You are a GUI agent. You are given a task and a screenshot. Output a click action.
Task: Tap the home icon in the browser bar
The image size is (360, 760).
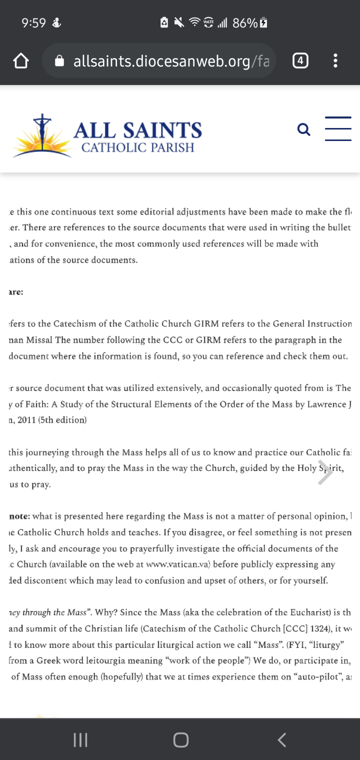(20, 61)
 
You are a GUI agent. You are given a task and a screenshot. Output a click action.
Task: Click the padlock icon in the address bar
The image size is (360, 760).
(59, 61)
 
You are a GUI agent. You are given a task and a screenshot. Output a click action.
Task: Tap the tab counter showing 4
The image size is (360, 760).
(299, 61)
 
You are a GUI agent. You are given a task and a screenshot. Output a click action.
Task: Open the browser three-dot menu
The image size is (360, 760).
(335, 61)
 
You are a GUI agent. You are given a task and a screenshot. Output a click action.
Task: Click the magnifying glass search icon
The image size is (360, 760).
(303, 129)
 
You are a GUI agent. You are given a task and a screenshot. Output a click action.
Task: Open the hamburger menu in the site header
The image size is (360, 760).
(338, 129)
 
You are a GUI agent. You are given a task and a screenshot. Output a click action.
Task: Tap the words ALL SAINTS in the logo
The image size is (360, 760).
(137, 130)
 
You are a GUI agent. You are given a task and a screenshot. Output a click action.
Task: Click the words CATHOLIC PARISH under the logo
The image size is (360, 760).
(137, 147)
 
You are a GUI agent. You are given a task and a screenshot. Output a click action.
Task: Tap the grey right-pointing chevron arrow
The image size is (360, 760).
(325, 473)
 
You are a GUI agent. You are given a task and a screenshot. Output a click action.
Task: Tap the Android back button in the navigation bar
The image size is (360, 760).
(282, 740)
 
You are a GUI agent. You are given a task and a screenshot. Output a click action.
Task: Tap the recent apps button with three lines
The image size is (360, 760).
(80, 740)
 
